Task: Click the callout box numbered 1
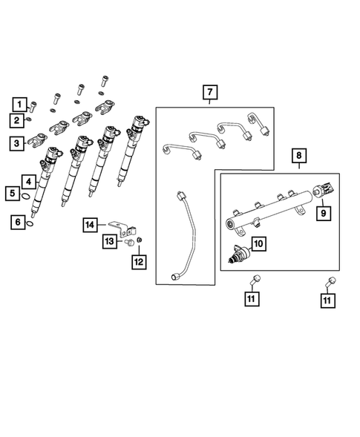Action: pos(17,104)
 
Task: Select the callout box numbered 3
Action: pos(17,143)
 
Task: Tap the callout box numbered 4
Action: pos(27,181)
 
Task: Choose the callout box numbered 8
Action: pos(298,157)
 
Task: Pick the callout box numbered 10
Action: pos(258,243)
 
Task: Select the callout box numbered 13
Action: pos(108,241)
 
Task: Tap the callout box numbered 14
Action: pos(91,224)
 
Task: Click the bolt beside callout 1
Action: pos(32,104)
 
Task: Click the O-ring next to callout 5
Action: pos(25,197)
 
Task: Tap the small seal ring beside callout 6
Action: pos(30,221)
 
